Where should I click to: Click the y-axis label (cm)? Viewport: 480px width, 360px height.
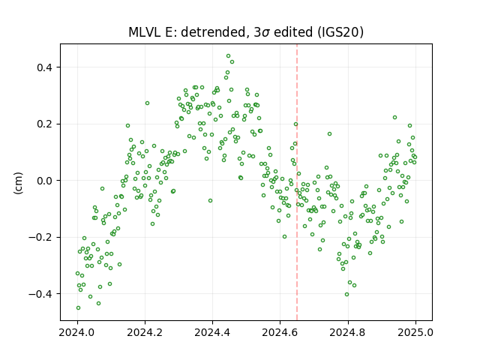18,183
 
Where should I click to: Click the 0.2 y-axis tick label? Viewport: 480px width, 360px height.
45,124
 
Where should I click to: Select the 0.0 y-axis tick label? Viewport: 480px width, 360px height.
45,181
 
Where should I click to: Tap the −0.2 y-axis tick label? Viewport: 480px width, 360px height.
40,237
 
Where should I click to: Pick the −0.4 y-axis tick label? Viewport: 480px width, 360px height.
40,294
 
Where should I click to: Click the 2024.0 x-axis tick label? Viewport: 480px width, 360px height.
77,332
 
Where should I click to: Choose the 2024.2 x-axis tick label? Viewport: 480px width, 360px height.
145,332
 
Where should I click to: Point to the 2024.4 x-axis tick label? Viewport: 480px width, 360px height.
212,332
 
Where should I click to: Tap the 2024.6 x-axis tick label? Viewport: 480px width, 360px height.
280,332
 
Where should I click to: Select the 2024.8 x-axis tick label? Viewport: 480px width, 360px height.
348,332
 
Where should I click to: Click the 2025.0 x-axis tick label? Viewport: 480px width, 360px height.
415,332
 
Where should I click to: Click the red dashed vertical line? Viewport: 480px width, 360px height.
297,182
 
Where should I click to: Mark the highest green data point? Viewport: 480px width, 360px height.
228,56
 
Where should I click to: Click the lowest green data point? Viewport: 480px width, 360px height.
78,308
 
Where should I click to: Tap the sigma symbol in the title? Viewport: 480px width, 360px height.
265,33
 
